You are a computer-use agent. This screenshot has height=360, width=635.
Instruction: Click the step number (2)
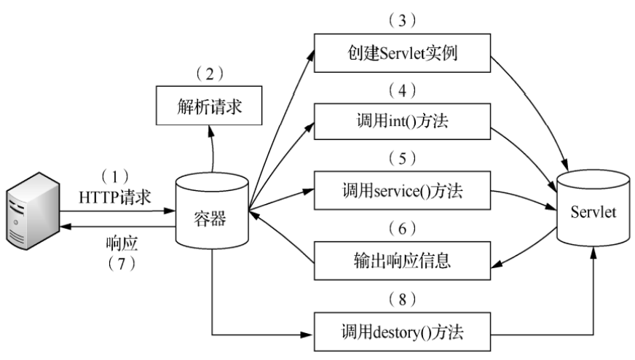(210, 74)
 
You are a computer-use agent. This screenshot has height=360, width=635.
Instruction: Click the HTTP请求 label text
(117, 196)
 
